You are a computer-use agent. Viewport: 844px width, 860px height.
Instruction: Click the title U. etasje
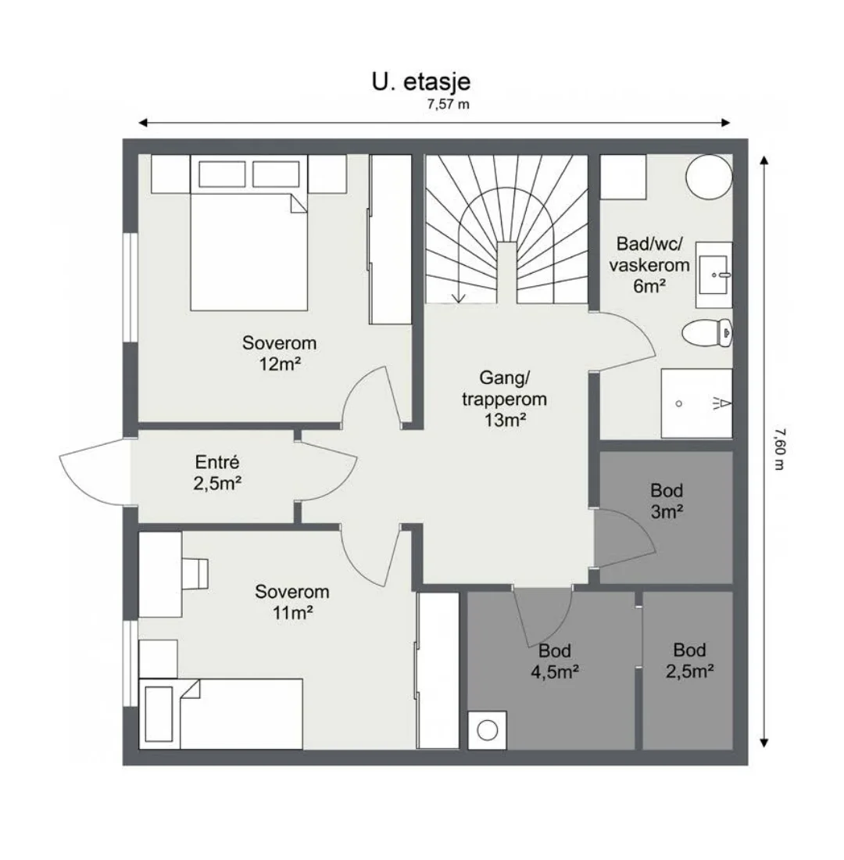click(420, 82)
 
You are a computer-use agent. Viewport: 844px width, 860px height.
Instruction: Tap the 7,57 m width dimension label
click(448, 104)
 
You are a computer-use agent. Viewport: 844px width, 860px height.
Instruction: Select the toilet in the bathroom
click(707, 332)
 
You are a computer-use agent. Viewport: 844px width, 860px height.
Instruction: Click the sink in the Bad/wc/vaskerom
click(713, 274)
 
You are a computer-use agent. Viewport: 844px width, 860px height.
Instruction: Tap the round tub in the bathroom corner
click(709, 177)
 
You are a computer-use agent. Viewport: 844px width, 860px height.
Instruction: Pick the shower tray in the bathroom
click(696, 403)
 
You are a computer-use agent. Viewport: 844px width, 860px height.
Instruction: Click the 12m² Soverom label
click(279, 353)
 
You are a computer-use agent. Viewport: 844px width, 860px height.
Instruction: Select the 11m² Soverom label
click(291, 602)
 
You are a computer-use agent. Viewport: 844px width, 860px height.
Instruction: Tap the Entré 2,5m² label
click(218, 472)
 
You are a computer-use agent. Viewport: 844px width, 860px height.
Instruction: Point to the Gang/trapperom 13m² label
click(504, 399)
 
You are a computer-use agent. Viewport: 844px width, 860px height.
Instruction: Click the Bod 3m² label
click(667, 500)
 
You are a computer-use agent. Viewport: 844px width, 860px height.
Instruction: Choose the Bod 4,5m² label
click(554, 661)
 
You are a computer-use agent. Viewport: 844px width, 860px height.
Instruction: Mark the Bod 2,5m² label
click(689, 661)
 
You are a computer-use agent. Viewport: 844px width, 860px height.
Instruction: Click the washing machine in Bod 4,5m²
click(487, 730)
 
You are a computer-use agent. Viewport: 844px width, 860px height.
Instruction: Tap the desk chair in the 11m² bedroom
click(196, 573)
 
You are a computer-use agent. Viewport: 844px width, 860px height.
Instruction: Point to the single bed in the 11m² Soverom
click(220, 714)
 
